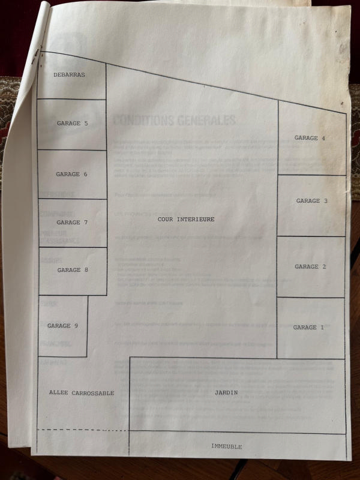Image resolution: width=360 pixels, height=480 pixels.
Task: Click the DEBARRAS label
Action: tap(69, 75)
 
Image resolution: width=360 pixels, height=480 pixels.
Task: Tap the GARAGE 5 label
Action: tap(72, 123)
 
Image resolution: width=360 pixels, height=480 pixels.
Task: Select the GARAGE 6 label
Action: tap(71, 174)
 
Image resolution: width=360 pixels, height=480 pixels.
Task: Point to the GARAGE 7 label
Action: tap(72, 222)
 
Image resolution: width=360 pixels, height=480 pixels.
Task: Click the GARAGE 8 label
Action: tap(73, 270)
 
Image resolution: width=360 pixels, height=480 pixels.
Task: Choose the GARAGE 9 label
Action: tap(62, 326)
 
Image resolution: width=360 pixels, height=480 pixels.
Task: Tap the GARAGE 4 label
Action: tap(310, 138)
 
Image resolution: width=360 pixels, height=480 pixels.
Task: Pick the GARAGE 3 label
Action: tap(311, 201)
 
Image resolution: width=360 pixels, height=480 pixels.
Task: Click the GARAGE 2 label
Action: tap(310, 266)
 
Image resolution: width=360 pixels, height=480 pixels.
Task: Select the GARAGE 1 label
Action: tap(308, 328)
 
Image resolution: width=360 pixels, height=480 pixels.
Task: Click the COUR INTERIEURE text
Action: tap(186, 220)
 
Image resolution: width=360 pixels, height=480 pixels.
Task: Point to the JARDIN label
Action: tap(226, 393)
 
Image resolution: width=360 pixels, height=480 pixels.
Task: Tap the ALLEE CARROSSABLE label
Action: tap(81, 393)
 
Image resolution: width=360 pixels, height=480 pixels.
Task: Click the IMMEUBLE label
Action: tap(226, 447)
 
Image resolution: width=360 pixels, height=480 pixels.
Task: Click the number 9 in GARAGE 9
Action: tap(76, 326)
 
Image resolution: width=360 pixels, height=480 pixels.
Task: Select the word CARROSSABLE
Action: tap(92, 393)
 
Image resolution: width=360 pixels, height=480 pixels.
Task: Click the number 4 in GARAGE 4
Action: tap(323, 138)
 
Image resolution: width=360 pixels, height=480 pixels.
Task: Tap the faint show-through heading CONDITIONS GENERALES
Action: tap(174, 120)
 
